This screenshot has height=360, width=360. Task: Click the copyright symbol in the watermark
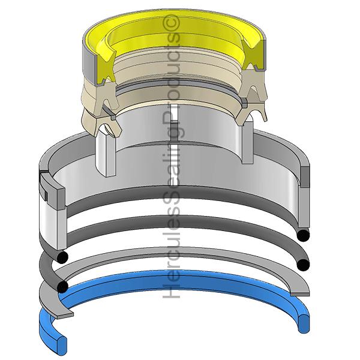point(171,23)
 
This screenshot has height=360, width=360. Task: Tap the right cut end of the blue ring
point(304,323)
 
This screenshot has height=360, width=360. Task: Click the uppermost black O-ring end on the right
point(303,235)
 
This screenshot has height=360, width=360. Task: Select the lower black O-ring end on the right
point(303,265)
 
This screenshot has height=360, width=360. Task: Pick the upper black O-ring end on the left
point(62,257)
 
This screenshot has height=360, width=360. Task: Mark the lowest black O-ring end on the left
point(62,287)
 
